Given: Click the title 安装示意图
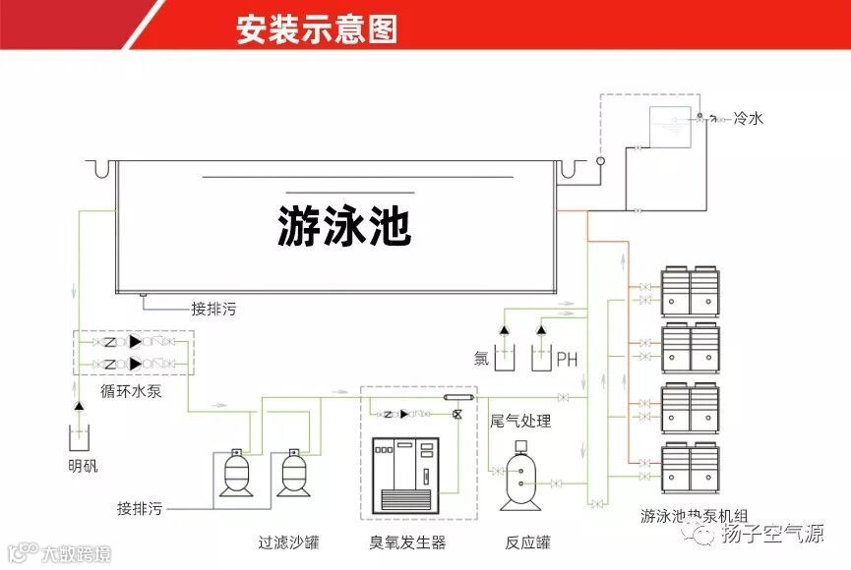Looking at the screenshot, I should coord(317,29).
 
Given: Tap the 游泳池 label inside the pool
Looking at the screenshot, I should coord(343,225).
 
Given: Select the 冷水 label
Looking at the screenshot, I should coord(748,119).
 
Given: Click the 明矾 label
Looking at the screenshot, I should coord(83,466).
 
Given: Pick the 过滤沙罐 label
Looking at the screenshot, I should coord(288,541).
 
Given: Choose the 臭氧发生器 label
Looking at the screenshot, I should coord(407,541).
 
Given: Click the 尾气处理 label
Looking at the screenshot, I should coord(520,422).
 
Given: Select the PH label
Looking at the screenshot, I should coord(567,360).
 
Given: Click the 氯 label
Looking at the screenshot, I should coord(481,359).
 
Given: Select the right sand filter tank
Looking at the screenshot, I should coord(291,475).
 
